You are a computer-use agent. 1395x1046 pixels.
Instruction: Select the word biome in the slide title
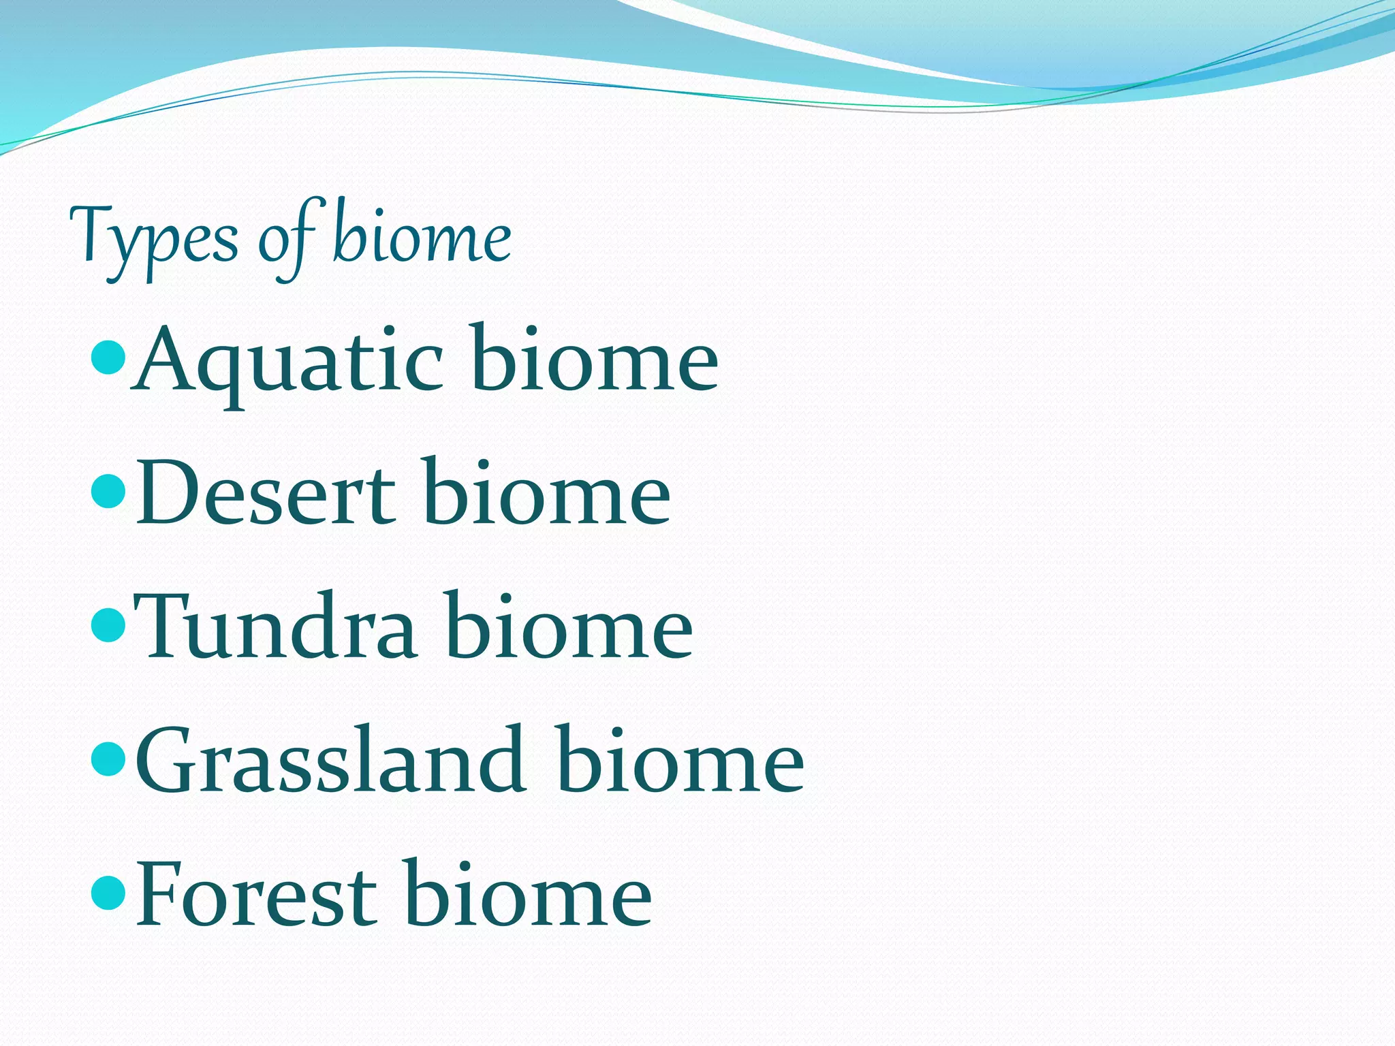pos(422,235)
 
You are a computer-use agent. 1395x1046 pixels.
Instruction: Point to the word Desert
pos(266,494)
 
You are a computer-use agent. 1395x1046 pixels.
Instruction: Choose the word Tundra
pos(276,627)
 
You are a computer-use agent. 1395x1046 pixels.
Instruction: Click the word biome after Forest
pos(528,892)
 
